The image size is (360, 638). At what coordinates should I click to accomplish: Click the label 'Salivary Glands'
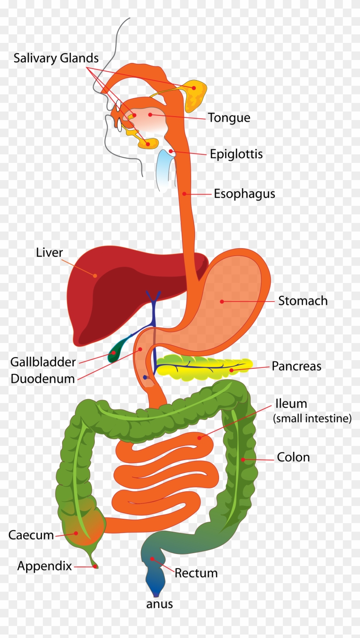pyautogui.click(x=56, y=58)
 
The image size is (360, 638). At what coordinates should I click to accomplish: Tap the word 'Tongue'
pyautogui.click(x=229, y=118)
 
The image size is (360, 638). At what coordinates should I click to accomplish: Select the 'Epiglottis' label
pyautogui.click(x=236, y=154)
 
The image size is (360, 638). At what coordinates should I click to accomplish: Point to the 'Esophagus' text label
pyautogui.click(x=244, y=194)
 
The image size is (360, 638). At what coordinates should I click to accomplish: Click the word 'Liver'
pyautogui.click(x=49, y=253)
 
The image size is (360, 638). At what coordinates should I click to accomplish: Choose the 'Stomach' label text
pyautogui.click(x=303, y=301)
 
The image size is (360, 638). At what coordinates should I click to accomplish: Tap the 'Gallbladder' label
pyautogui.click(x=43, y=362)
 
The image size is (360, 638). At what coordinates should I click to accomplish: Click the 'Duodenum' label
pyautogui.click(x=43, y=379)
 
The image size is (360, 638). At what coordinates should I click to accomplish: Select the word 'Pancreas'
pyautogui.click(x=296, y=366)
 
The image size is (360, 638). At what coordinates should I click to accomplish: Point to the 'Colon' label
pyautogui.click(x=293, y=457)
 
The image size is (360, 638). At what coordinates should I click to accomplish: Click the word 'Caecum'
pyautogui.click(x=31, y=535)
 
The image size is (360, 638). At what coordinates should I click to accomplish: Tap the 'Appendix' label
pyautogui.click(x=45, y=566)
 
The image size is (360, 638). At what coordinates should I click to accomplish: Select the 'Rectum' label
pyautogui.click(x=196, y=573)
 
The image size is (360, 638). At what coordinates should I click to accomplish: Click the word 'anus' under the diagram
pyautogui.click(x=159, y=604)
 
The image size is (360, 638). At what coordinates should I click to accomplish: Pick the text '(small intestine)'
pyautogui.click(x=312, y=418)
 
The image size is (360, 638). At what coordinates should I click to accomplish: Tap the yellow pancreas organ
pyautogui.click(x=204, y=367)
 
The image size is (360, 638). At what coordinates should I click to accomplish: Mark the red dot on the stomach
pyautogui.click(x=222, y=301)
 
